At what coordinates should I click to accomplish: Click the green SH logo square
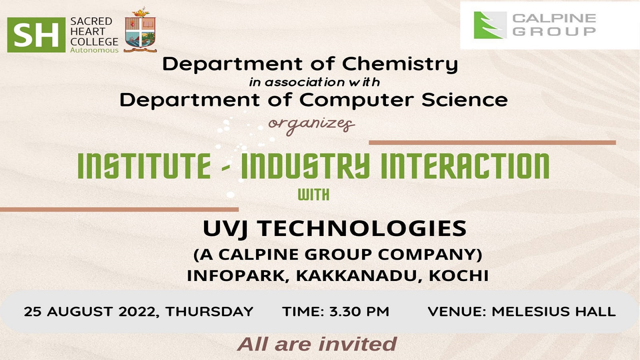point(36,35)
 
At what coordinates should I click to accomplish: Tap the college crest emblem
point(140,30)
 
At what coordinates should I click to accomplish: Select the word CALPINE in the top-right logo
point(554,18)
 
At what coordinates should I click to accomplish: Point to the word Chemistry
point(400,64)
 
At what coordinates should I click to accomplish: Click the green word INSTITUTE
point(144,166)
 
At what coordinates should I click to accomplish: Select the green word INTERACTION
point(465,166)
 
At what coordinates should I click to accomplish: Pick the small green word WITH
point(313,195)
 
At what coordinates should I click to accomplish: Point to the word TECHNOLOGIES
point(362,228)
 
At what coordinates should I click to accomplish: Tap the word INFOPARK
point(236,276)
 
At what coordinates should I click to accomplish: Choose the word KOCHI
point(459,276)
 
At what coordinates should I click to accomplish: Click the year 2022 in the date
point(137,312)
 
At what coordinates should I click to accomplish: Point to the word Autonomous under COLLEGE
point(94,50)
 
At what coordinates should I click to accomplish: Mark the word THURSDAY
point(209,312)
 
